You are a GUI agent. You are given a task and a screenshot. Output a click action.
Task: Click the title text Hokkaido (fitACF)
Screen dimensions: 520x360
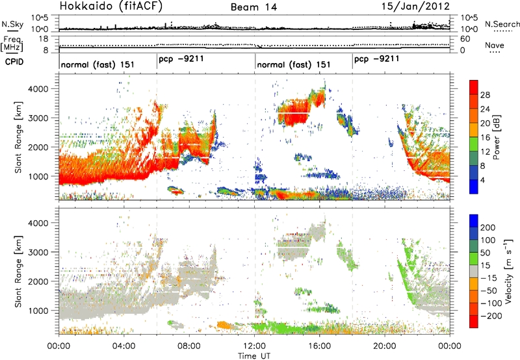click(x=110, y=6)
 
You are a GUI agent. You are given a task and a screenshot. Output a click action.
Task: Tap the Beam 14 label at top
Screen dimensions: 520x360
click(x=253, y=7)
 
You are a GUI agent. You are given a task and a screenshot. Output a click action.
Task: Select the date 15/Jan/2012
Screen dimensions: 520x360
click(x=416, y=6)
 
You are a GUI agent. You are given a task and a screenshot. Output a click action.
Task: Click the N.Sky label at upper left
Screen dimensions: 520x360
click(x=12, y=24)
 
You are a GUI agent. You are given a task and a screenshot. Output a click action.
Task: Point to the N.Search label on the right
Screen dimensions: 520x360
click(x=502, y=24)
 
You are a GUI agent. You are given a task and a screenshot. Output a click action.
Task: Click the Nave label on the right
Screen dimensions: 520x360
click(x=495, y=45)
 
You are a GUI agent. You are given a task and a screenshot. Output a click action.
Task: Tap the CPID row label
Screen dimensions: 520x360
click(x=14, y=61)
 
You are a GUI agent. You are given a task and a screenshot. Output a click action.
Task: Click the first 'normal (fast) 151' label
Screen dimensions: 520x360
click(x=97, y=64)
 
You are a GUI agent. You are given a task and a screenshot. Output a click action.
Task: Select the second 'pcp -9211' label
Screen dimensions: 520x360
click(x=376, y=59)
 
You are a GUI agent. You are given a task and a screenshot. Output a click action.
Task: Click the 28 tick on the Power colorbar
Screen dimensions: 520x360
click(x=485, y=95)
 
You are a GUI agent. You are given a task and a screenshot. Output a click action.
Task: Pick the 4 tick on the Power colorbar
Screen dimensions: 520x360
click(x=483, y=180)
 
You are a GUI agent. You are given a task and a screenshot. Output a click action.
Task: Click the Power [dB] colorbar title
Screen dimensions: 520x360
click(x=497, y=137)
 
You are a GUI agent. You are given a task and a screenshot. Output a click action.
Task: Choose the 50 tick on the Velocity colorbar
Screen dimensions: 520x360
click(x=485, y=253)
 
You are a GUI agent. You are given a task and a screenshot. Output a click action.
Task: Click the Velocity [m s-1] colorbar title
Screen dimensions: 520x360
click(x=508, y=271)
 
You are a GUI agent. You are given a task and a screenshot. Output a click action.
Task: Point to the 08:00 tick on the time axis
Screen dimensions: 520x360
click(x=189, y=346)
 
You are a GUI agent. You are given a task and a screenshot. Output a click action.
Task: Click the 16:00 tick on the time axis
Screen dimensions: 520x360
click(x=319, y=346)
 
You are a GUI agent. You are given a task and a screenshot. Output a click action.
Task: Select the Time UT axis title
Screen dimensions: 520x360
click(x=254, y=356)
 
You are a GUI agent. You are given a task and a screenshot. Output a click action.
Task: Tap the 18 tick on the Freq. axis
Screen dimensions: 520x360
click(x=44, y=39)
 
